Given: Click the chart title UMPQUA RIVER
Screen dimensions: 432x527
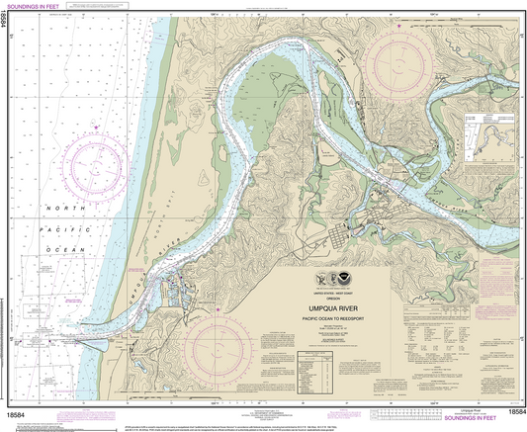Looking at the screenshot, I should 335,307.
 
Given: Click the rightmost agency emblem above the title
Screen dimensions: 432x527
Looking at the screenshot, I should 346,280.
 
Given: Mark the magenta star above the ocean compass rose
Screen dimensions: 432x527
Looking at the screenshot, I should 93,129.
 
